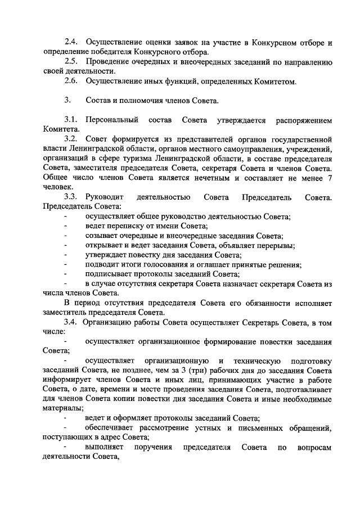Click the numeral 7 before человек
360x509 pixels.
pos(329,178)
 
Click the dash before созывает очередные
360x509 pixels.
pos(66,236)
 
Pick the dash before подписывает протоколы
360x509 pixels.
pos(66,274)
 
